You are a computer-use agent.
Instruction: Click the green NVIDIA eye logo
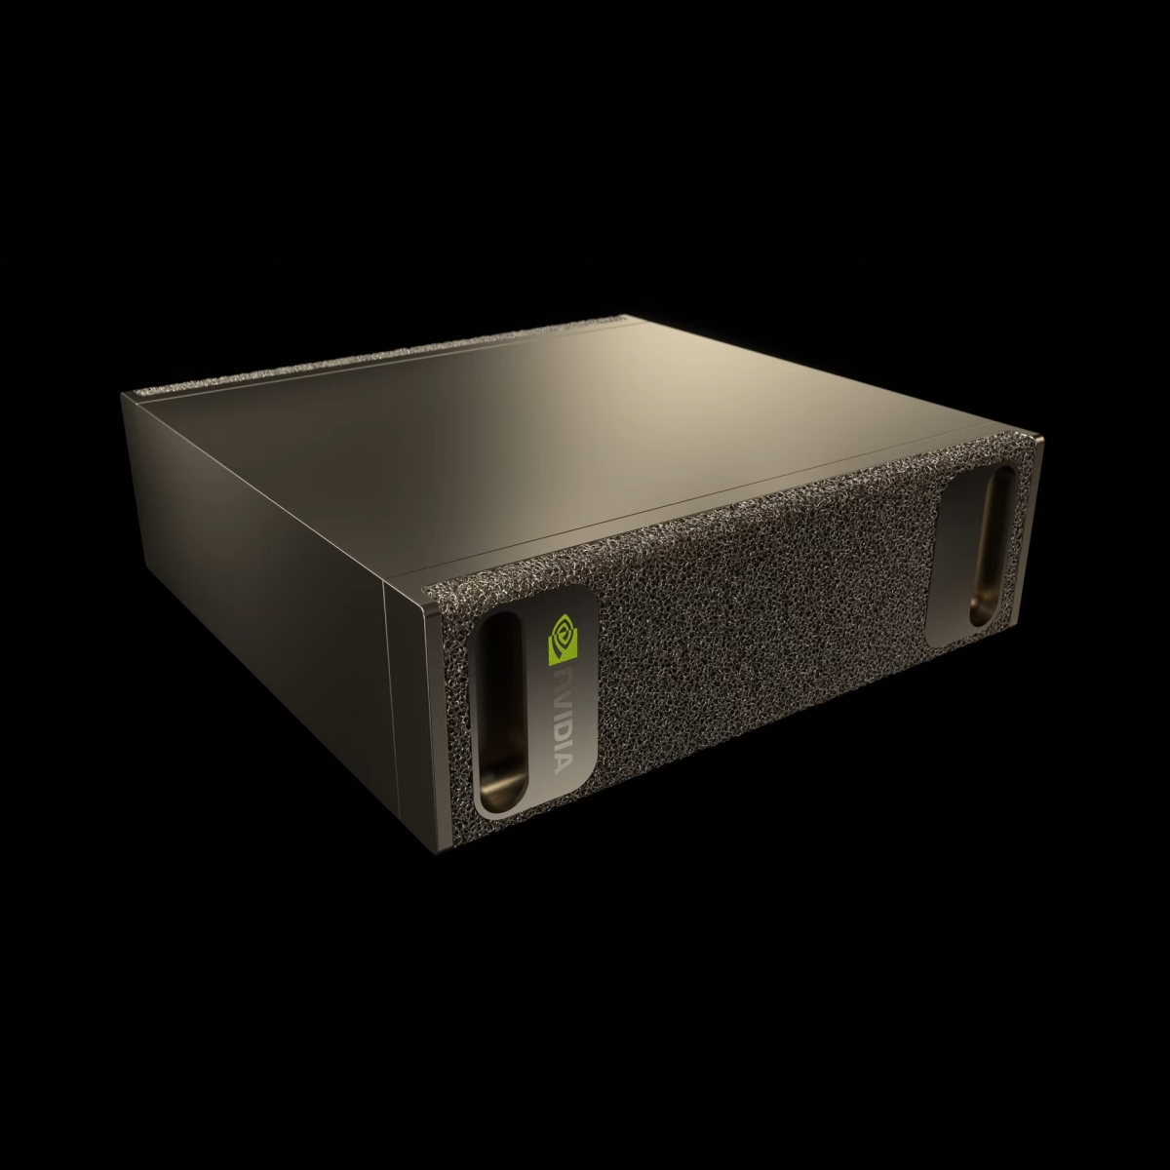click(x=563, y=638)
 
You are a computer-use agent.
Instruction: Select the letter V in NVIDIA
click(x=560, y=699)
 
